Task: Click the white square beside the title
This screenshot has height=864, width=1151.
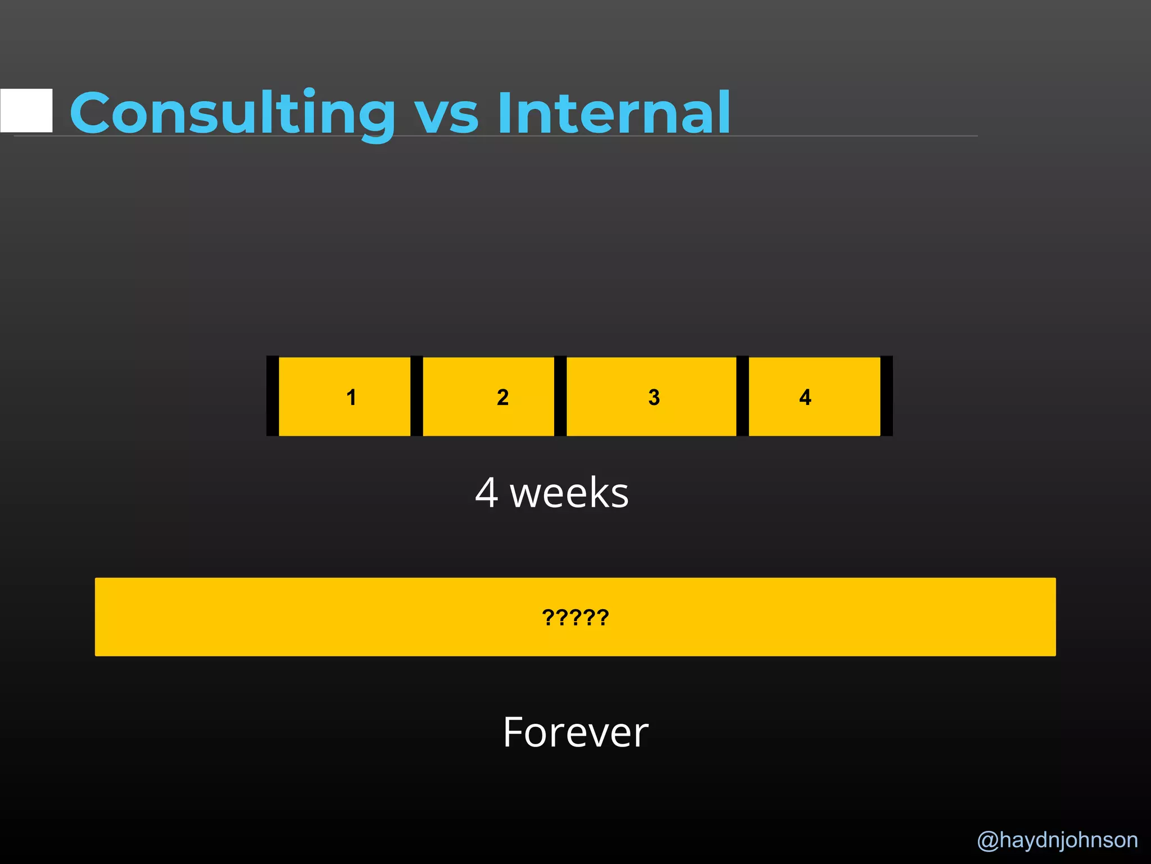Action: (x=26, y=110)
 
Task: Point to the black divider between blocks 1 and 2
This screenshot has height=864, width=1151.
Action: (x=416, y=396)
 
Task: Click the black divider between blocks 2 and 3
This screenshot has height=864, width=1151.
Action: (x=560, y=396)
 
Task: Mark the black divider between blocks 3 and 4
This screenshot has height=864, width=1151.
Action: (x=742, y=396)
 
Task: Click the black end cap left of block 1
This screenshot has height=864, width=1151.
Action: (x=273, y=396)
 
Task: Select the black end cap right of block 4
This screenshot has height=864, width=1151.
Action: (x=886, y=396)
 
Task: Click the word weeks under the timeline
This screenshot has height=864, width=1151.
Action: (x=569, y=493)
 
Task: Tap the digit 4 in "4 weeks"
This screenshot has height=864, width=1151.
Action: (x=487, y=493)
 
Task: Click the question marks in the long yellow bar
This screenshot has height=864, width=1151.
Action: (x=575, y=618)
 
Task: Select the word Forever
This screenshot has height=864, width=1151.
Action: (x=575, y=732)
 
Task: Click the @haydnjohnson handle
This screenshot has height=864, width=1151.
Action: (x=1057, y=840)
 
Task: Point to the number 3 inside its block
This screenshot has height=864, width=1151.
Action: (x=654, y=397)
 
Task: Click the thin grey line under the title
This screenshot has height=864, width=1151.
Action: (x=843, y=136)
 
